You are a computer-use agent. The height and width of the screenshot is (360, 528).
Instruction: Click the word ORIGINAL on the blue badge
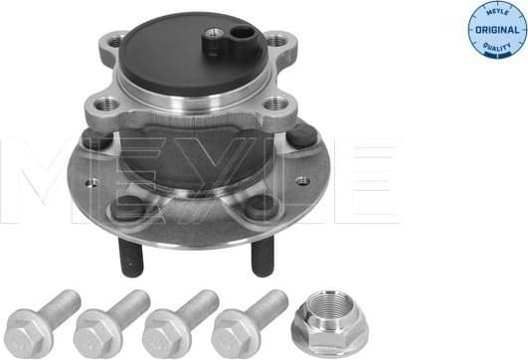(492, 30)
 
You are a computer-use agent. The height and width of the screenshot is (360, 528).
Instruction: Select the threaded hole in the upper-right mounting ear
(275, 42)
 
